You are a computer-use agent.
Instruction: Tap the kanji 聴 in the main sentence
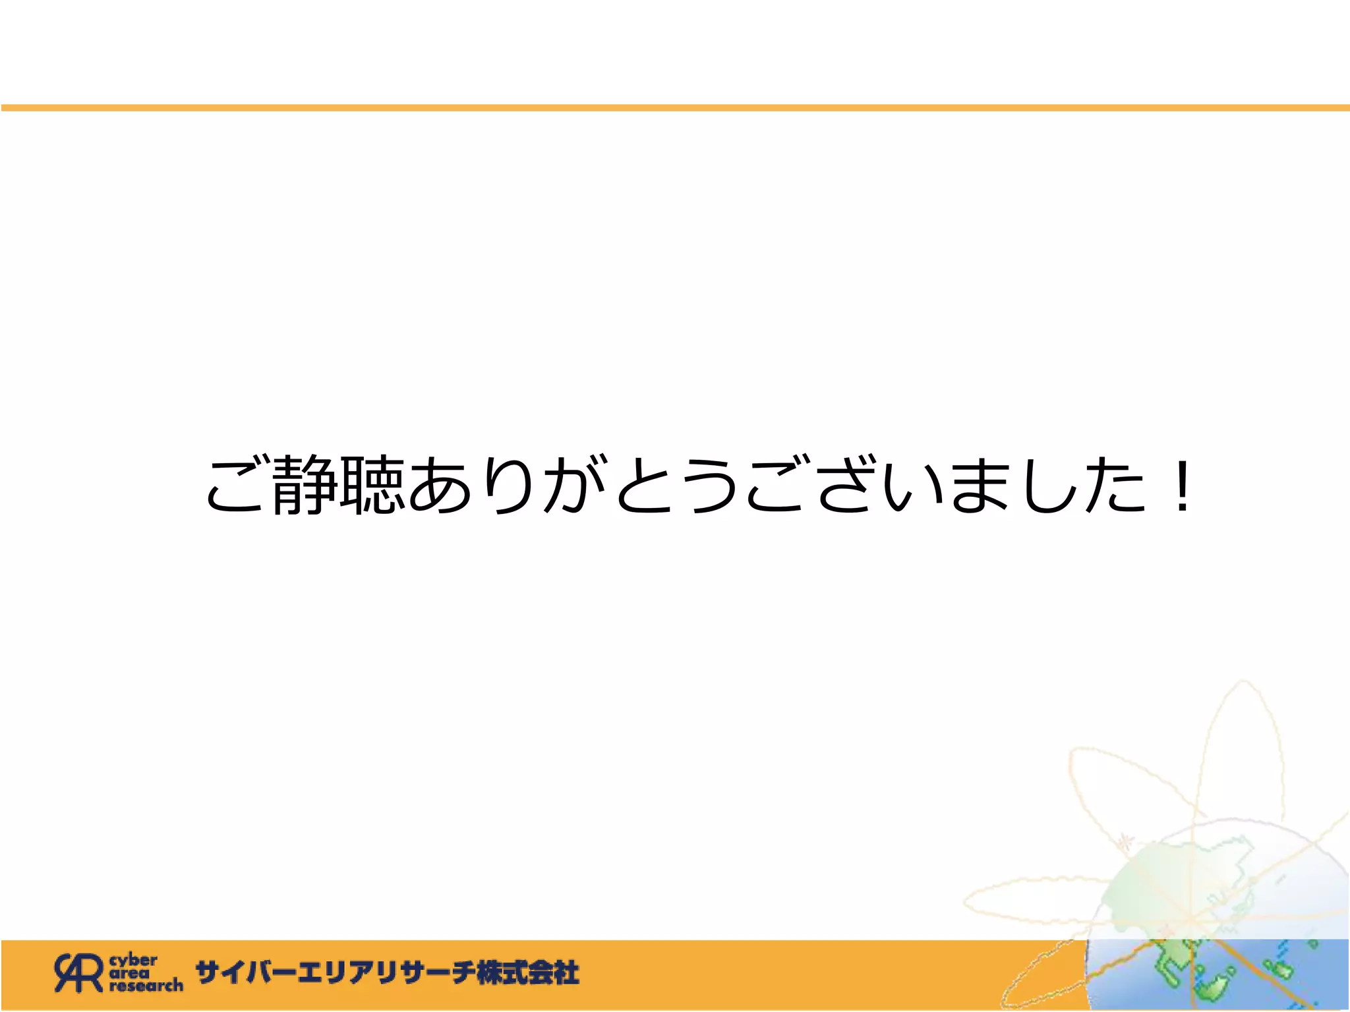pos(371,486)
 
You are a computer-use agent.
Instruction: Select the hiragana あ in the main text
pos(440,486)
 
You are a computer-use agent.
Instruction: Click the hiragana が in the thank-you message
pos(573,486)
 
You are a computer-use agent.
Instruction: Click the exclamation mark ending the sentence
pos(1183,486)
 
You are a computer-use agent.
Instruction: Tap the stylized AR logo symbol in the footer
pos(79,972)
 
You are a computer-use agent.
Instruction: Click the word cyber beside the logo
pos(133,960)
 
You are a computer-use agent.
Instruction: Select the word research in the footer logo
pos(146,986)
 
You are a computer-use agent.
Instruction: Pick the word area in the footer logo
pos(129,972)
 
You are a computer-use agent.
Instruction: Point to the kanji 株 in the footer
pos(490,972)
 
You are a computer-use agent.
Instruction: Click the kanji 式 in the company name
pos(515,972)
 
